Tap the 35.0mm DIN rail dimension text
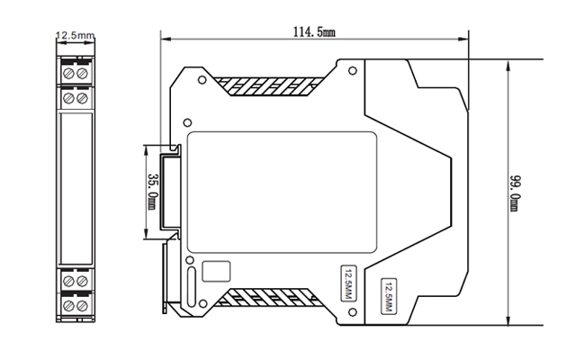(152, 192)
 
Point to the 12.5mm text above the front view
(75, 36)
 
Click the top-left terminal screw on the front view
(67, 70)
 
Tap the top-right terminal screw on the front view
(82, 70)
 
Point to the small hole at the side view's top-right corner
(352, 70)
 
